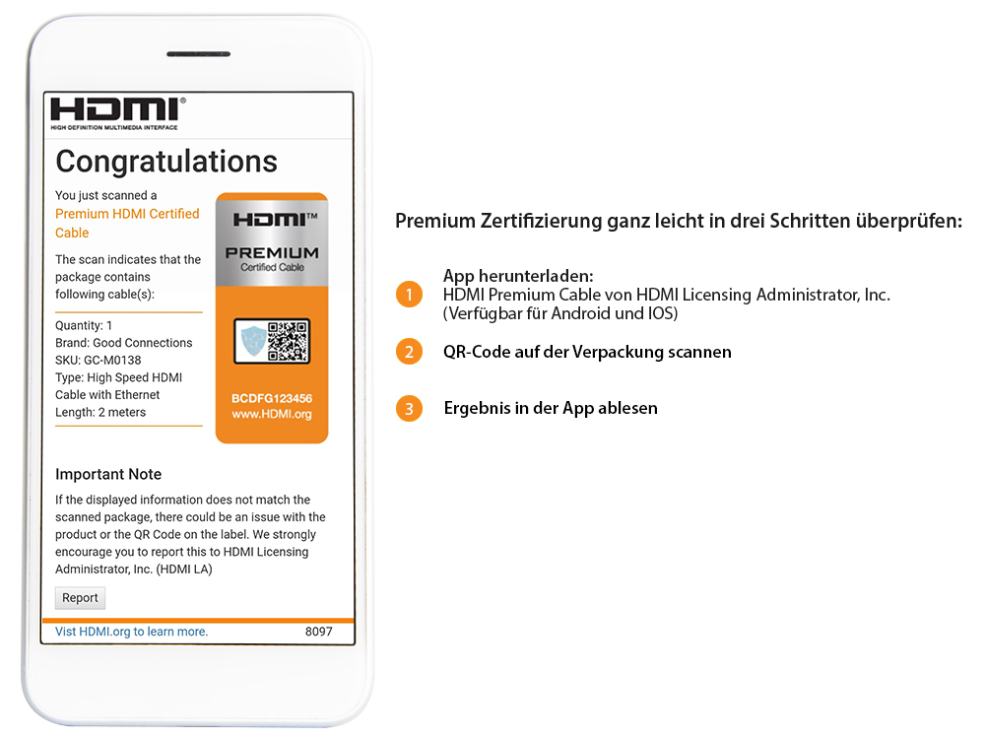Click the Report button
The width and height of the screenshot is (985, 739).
pyautogui.click(x=80, y=598)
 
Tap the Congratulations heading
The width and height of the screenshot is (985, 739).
pyautogui.click(x=166, y=162)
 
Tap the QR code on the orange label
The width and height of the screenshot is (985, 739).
pyautogui.click(x=288, y=341)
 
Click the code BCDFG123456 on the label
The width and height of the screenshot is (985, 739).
pyautogui.click(x=271, y=398)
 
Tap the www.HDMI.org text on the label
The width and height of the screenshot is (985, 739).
pyautogui.click(x=271, y=415)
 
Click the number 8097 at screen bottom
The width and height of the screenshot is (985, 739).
pyautogui.click(x=319, y=632)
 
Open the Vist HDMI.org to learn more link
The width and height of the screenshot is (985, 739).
pyautogui.click(x=131, y=632)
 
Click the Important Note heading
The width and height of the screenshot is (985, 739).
pyautogui.click(x=108, y=474)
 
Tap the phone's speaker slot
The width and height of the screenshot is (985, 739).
pyautogui.click(x=198, y=54)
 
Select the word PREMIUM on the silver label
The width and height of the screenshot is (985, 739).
pyautogui.click(x=272, y=253)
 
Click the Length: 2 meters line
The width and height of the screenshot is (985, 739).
pyautogui.click(x=100, y=413)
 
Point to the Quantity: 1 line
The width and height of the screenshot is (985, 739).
pyautogui.click(x=84, y=325)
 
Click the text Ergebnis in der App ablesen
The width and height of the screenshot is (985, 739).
pyautogui.click(x=551, y=408)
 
